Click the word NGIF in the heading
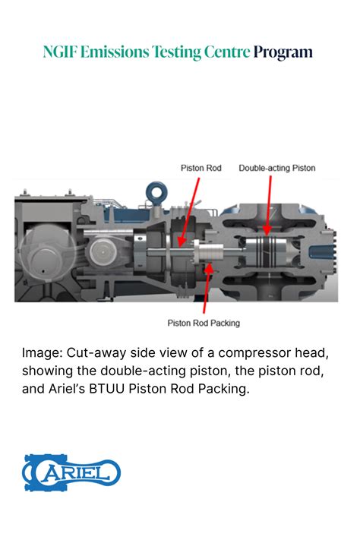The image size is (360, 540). point(59,52)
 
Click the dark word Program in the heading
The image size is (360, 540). point(283,52)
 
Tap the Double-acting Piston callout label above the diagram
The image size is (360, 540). point(276,168)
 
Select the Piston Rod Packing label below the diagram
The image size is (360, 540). point(204,323)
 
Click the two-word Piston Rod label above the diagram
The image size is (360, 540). point(201,168)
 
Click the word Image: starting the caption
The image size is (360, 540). point(42,353)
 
